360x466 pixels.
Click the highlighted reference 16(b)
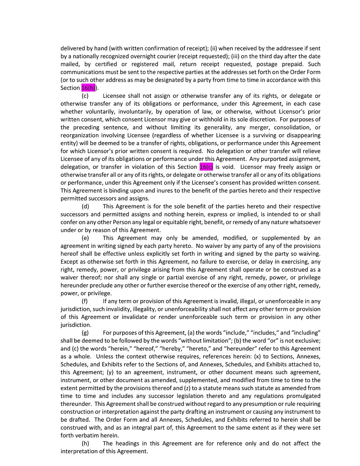pyautogui.click(x=89, y=88)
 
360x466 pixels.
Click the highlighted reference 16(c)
pyautogui.click(x=206, y=167)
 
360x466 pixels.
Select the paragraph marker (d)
pyautogui.click(x=86, y=206)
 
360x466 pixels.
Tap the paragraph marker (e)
pyautogui.click(x=86, y=238)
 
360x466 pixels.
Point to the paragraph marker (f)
pyautogui.click(x=85, y=301)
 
